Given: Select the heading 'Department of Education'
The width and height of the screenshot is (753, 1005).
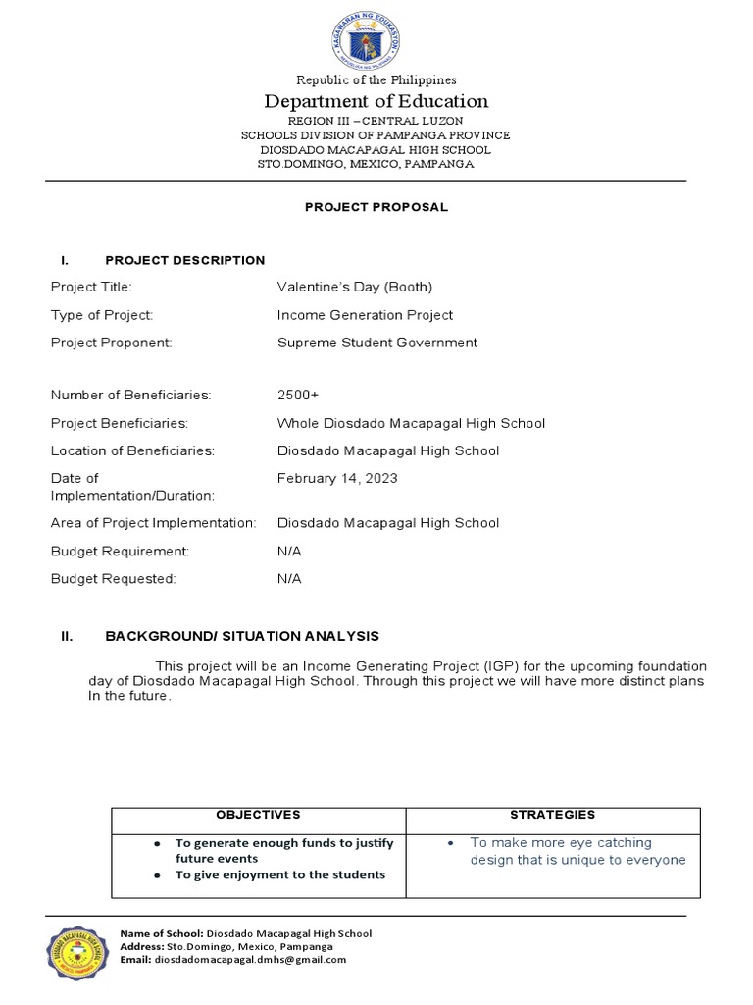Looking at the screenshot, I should click(376, 101).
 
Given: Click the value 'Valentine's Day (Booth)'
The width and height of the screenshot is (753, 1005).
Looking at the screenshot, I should click(354, 287).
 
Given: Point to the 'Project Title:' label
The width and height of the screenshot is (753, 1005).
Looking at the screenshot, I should click(90, 287).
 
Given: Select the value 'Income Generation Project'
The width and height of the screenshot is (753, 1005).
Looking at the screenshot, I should click(365, 315).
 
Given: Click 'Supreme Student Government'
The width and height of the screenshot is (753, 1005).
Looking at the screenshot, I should click(377, 343).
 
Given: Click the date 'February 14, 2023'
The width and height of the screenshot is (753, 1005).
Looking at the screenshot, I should click(337, 478).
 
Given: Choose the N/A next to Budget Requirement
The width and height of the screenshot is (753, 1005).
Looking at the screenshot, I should click(289, 551).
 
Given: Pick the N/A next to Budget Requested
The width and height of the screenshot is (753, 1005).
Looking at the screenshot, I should click(289, 578).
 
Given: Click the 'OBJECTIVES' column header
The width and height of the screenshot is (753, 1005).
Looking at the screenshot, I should click(258, 815).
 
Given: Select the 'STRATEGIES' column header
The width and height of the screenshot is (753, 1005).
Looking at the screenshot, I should click(552, 815).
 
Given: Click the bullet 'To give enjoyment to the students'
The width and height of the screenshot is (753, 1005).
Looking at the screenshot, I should click(279, 874).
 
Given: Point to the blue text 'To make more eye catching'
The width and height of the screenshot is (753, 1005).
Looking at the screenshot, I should click(560, 842).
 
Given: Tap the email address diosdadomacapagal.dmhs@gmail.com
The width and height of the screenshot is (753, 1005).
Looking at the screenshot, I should click(250, 960).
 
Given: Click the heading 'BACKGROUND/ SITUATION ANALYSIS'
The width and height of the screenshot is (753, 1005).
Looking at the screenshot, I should click(241, 636).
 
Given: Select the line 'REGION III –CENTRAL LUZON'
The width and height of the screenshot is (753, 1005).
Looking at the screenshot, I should click(376, 120).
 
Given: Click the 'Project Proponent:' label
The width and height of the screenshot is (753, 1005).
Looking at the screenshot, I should click(111, 343).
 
